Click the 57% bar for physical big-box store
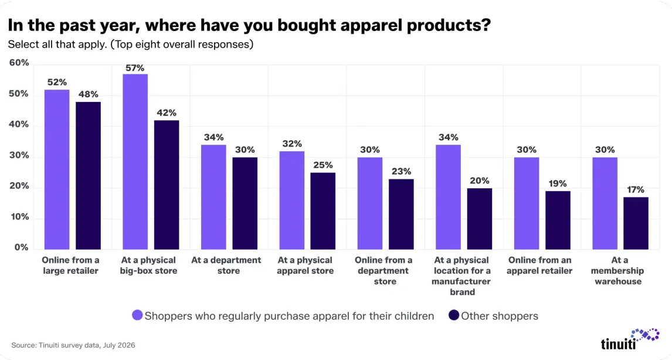(135, 162)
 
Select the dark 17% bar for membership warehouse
(636, 223)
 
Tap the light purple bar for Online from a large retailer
(57, 169)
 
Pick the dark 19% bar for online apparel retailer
(558, 220)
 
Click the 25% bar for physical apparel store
(323, 211)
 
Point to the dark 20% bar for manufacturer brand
(480, 219)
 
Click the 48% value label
(89, 94)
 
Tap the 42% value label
(167, 113)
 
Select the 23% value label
(402, 171)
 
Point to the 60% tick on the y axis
(19, 63)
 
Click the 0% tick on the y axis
(22, 247)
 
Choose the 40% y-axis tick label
(19, 125)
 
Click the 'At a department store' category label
(226, 265)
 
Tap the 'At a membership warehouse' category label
(619, 270)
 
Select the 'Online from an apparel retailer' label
(539, 265)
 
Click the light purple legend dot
(137, 315)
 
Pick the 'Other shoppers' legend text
(500, 316)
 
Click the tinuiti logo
(630, 338)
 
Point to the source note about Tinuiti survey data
(73, 345)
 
